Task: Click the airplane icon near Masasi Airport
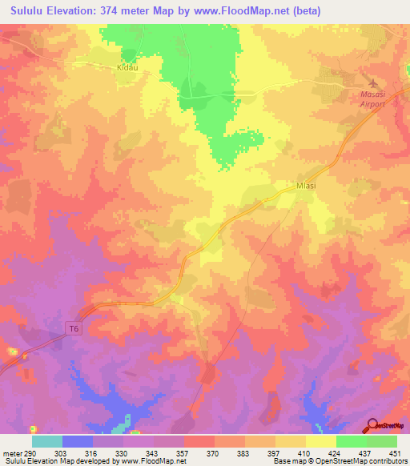pos(371,82)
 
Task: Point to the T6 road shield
pos(73,327)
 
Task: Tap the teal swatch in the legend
pos(47,441)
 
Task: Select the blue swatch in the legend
pos(78,441)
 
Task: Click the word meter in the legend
pos(11,452)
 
